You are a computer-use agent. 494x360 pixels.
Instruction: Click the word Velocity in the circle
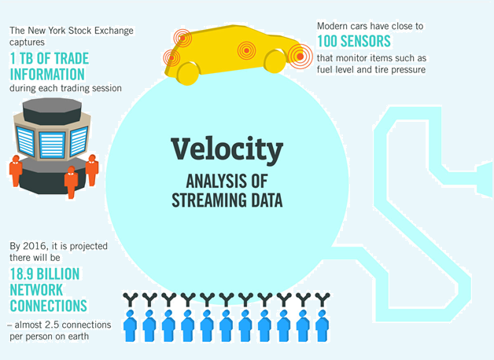pos(227,150)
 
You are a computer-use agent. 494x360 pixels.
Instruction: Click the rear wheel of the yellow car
pos(188,72)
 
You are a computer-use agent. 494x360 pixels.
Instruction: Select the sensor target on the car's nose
pos(298,55)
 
